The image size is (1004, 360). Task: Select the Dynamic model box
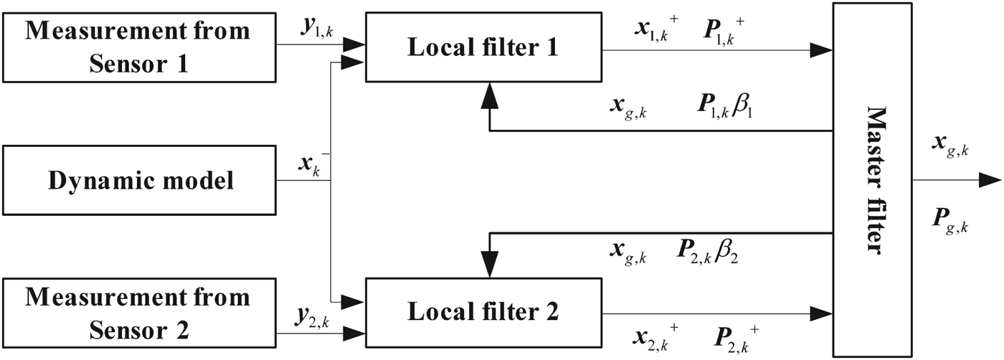pyautogui.click(x=141, y=180)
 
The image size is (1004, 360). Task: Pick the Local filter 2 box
pyautogui.click(x=483, y=313)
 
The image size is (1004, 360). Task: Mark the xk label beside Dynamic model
pyautogui.click(x=308, y=164)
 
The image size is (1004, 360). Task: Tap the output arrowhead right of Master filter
pyautogui.click(x=993, y=179)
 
